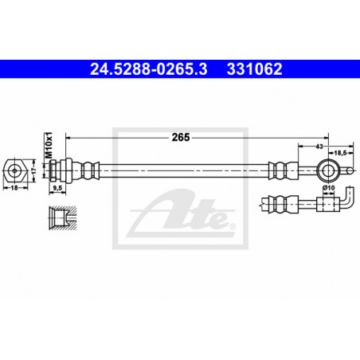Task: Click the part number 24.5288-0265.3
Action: [x=149, y=69]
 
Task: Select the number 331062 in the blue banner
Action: [x=254, y=69]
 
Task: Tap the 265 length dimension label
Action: [x=181, y=137]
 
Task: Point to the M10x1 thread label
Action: [x=49, y=145]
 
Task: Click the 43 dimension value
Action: [x=319, y=147]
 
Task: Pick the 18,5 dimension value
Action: [x=340, y=153]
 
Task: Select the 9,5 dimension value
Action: [x=57, y=188]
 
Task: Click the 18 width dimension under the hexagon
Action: [x=14, y=188]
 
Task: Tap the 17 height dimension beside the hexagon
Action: [x=33, y=170]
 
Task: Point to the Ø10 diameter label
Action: [x=328, y=188]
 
